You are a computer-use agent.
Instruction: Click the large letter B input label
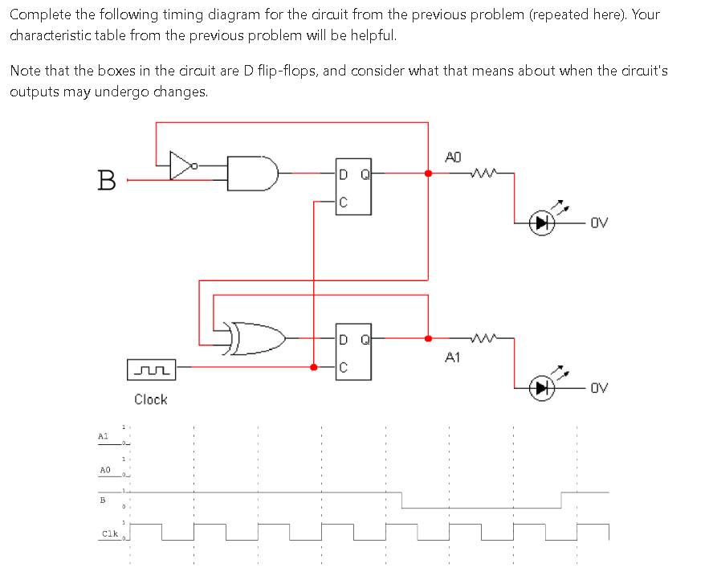(x=104, y=179)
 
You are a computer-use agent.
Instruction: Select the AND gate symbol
(x=251, y=171)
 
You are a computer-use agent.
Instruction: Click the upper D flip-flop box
(x=352, y=186)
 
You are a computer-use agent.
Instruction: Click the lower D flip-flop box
(x=352, y=353)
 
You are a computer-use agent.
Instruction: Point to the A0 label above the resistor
(x=453, y=157)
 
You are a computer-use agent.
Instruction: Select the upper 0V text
(x=599, y=223)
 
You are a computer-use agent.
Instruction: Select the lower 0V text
(x=599, y=389)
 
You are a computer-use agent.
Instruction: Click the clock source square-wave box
(x=151, y=371)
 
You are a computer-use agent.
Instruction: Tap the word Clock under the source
(x=151, y=399)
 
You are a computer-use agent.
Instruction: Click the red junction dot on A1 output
(x=427, y=338)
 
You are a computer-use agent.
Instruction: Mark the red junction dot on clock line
(x=313, y=367)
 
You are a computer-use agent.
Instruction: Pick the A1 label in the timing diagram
(x=103, y=435)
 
